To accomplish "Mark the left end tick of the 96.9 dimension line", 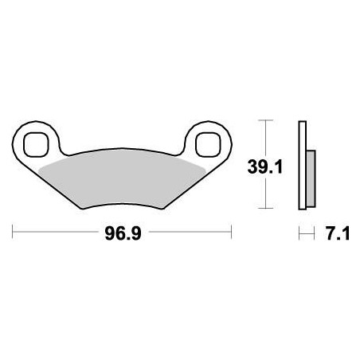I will pos(14,233).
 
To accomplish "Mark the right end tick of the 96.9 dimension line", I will pos(231,233).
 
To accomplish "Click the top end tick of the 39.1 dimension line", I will pos(266,120).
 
